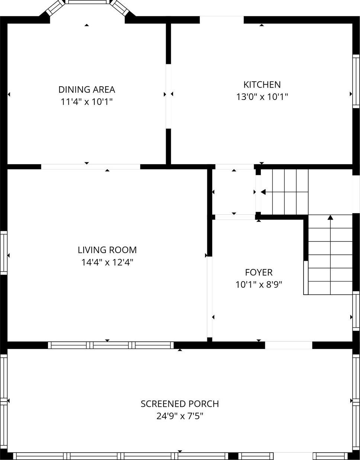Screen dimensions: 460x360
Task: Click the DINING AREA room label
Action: [87, 90]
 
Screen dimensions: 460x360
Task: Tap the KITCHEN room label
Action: [262, 84]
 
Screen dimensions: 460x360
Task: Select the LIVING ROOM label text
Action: [107, 250]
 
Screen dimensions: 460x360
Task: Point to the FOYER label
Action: [259, 272]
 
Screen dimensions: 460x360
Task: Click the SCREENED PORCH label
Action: [179, 404]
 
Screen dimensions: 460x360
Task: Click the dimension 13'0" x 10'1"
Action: [262, 97]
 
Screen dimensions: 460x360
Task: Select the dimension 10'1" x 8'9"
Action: [259, 285]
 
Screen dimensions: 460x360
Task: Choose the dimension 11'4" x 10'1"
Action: [87, 102]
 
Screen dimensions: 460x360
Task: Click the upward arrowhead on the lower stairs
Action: [330, 217]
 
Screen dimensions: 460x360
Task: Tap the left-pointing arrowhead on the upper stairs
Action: [263, 192]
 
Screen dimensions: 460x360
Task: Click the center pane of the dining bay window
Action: [88, 2]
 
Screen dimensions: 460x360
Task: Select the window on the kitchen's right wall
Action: [356, 81]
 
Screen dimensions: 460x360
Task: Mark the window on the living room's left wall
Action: [4, 253]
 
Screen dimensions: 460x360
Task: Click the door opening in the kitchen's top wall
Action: [222, 20]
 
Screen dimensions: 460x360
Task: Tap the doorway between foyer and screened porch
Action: [288, 345]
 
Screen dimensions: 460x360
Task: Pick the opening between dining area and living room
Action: [90, 167]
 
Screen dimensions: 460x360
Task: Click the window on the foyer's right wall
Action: [356, 311]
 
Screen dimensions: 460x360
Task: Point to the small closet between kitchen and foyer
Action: [234, 192]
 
